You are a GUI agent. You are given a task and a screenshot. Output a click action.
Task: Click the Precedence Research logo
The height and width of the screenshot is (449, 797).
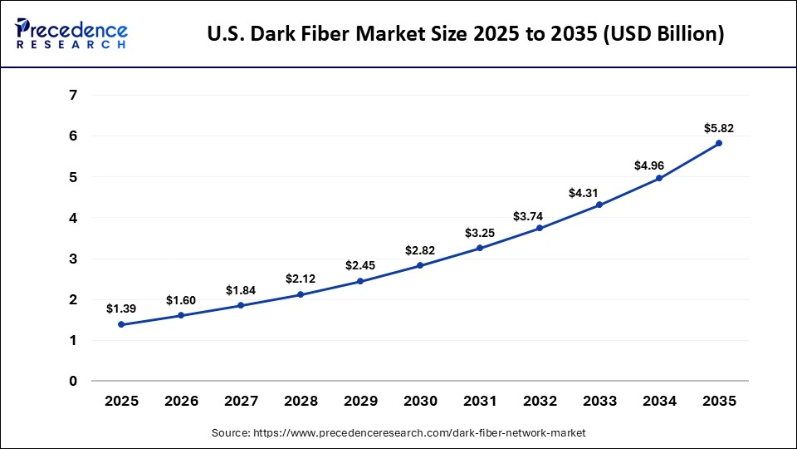71,33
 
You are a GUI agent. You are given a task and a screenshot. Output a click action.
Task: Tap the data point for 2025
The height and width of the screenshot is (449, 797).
121,324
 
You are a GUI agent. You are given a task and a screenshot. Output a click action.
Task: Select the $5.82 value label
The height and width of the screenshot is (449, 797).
719,128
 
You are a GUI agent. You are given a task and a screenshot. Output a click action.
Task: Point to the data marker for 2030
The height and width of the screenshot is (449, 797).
420,265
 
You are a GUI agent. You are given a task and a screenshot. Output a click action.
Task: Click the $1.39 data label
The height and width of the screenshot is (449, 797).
121,308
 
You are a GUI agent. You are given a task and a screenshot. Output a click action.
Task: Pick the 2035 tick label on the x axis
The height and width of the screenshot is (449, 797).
719,401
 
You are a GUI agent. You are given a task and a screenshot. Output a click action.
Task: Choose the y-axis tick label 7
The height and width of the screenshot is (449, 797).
73,95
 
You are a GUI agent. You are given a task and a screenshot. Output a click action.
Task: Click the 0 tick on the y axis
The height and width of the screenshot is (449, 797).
73,381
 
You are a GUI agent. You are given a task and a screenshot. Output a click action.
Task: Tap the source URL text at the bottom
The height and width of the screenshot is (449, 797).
398,432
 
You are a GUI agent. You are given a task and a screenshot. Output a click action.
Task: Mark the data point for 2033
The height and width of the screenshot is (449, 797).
599,205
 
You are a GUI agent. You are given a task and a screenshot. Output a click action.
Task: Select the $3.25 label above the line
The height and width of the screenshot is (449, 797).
480,232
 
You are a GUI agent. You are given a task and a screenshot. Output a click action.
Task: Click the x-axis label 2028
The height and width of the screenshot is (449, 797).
301,401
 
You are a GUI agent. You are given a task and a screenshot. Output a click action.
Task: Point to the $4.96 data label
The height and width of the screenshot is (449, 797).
659,165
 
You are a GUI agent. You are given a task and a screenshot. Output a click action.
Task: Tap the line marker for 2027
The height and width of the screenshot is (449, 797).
241,305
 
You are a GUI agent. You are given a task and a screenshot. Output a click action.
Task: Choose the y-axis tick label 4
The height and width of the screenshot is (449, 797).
73,217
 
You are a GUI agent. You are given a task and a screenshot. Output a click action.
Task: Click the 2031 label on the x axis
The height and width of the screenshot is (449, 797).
480,401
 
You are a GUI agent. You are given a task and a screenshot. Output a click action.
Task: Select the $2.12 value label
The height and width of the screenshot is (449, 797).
301,279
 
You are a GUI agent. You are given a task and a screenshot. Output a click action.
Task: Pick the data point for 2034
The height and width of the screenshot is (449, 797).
659,178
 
